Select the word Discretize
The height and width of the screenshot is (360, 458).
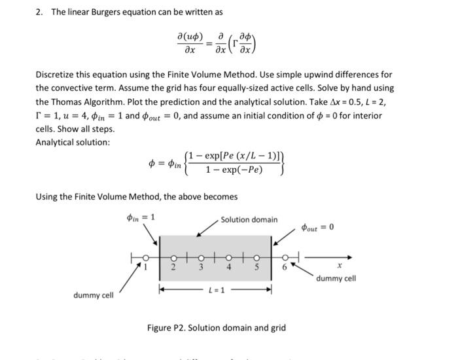(58, 75)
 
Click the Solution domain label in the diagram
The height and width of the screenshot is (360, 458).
(249, 219)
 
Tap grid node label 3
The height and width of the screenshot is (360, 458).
(202, 267)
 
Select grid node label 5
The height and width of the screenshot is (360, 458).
(256, 267)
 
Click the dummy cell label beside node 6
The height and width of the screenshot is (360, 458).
(336, 278)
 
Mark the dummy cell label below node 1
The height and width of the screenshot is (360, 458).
(94, 295)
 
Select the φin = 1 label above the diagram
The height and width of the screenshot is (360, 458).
(141, 218)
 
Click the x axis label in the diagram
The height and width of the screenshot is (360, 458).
(338, 266)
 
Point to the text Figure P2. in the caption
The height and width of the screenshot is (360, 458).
(167, 327)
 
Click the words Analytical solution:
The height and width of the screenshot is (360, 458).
(73, 142)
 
